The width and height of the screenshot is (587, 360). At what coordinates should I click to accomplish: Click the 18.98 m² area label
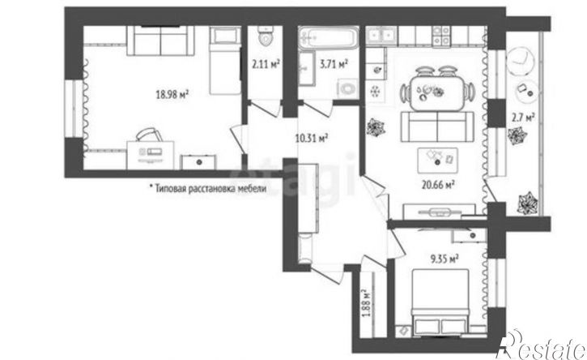(172, 95)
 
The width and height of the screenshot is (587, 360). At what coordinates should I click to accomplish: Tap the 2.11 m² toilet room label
(266, 65)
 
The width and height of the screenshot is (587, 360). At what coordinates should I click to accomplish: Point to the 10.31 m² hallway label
(312, 139)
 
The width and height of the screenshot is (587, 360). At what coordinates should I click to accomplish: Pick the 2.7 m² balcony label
(523, 118)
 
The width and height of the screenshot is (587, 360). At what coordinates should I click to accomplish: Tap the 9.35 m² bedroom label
(445, 259)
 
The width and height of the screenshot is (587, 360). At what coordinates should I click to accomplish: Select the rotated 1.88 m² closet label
(366, 303)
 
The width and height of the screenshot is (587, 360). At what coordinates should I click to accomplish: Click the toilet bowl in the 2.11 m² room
(266, 36)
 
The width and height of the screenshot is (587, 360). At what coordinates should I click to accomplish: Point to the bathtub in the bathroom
(329, 37)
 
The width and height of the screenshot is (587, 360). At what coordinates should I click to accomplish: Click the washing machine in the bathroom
(348, 89)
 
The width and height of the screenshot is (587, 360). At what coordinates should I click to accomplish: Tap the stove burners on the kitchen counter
(441, 36)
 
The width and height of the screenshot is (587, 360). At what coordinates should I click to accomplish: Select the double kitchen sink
(381, 36)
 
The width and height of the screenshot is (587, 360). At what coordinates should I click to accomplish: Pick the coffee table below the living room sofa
(438, 161)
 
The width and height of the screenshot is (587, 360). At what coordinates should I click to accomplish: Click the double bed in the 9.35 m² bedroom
(440, 302)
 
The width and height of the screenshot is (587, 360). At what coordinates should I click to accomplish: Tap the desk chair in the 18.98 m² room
(150, 135)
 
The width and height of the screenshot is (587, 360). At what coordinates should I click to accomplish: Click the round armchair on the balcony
(520, 60)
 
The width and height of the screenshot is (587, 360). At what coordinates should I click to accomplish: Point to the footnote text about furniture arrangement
(208, 188)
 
